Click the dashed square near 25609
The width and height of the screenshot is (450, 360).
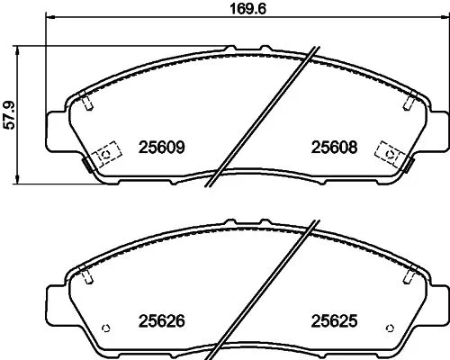105,154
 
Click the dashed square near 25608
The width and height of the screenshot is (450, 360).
391,154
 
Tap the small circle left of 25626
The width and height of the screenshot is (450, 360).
106,325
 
